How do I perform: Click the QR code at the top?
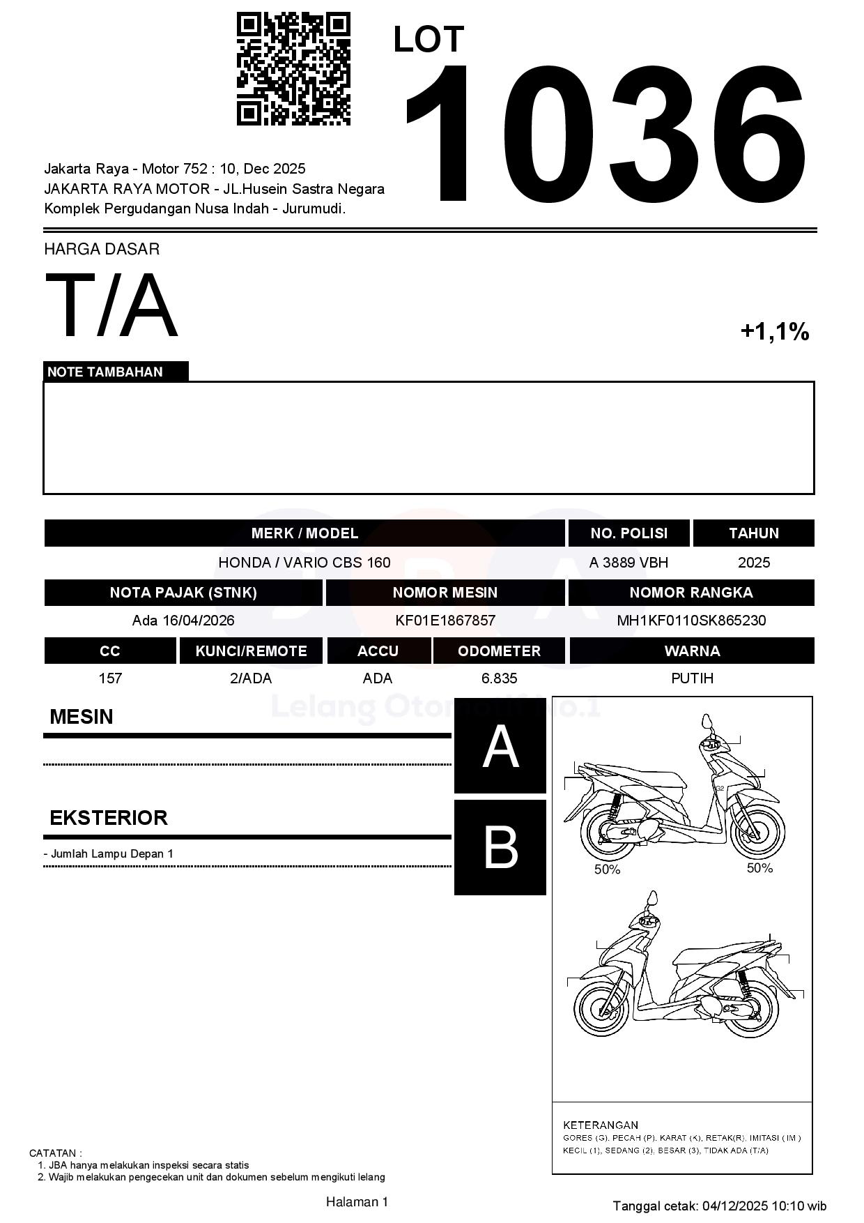pyautogui.click(x=293, y=68)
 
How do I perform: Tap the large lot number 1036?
pyautogui.click(x=605, y=134)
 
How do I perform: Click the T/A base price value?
pyautogui.click(x=111, y=305)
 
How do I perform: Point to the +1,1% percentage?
pyautogui.click(x=774, y=331)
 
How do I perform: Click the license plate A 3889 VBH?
pyautogui.click(x=628, y=563)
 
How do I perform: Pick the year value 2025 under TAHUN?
pyautogui.click(x=753, y=563)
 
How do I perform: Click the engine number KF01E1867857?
pyautogui.click(x=445, y=621)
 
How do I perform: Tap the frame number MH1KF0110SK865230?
pyautogui.click(x=691, y=621)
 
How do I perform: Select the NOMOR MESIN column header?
pyautogui.click(x=445, y=593)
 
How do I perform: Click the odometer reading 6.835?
pyautogui.click(x=499, y=678)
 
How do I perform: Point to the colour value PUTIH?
pyautogui.click(x=692, y=678)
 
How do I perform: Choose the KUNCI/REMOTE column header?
pyautogui.click(x=251, y=651)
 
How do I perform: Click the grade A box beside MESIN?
pyautogui.click(x=500, y=746)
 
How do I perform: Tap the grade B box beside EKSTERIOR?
pyautogui.click(x=500, y=847)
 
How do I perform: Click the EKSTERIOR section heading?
pyautogui.click(x=109, y=817)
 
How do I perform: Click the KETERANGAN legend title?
pyautogui.click(x=601, y=1125)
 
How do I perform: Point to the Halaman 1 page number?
pyautogui.click(x=357, y=1201)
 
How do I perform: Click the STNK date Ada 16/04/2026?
pyautogui.click(x=183, y=621)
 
